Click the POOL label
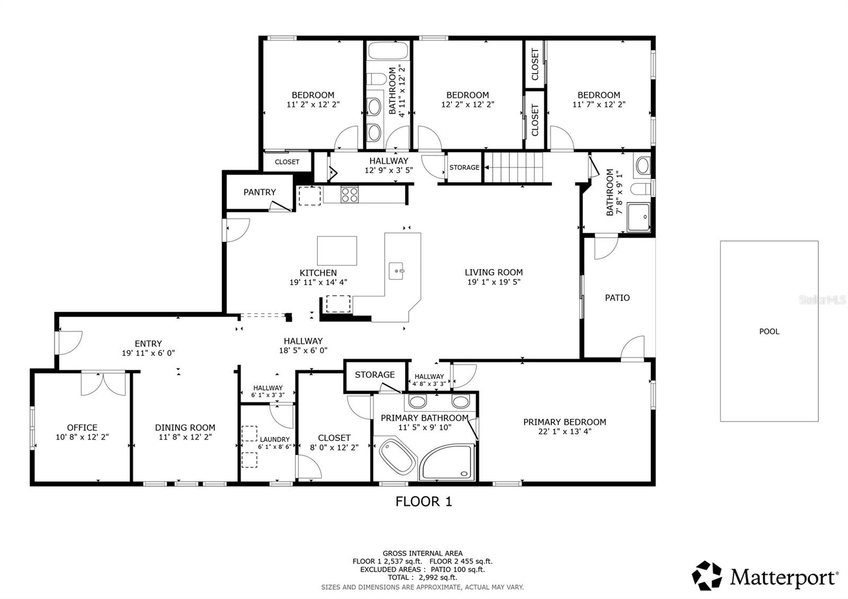(769, 331)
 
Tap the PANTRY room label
(260, 192)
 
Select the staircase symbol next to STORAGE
(515, 167)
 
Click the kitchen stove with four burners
(349, 195)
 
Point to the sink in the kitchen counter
(396, 271)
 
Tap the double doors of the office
(103, 384)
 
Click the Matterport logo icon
(707, 576)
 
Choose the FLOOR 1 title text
(423, 501)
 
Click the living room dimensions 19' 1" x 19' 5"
(493, 282)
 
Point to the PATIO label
(617, 298)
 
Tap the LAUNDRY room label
(275, 439)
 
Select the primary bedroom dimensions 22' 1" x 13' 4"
(564, 431)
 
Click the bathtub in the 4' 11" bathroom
(388, 51)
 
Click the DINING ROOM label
(185, 427)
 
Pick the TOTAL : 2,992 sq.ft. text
(422, 577)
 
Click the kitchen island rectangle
(337, 251)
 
